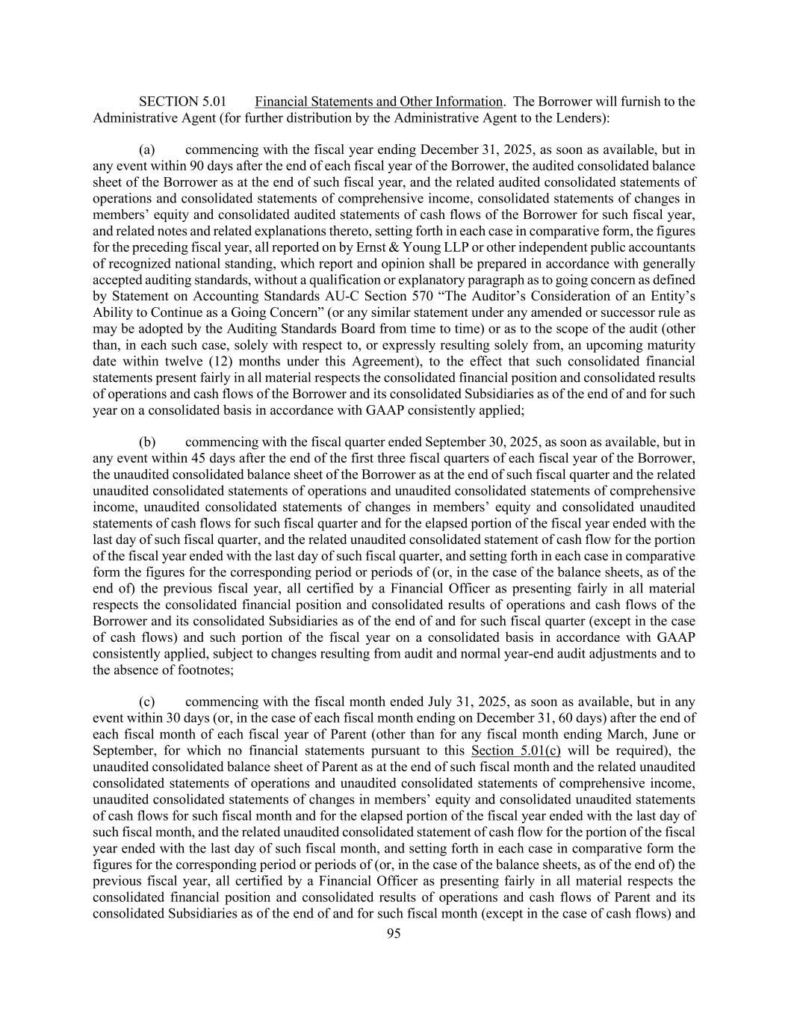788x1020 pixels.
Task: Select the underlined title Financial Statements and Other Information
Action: [x=378, y=102]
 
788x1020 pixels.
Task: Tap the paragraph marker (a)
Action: [x=147, y=149]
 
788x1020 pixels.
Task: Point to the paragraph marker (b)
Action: [x=147, y=442]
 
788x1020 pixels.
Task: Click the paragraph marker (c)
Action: [x=147, y=702]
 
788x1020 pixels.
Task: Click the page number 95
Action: [x=394, y=933]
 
